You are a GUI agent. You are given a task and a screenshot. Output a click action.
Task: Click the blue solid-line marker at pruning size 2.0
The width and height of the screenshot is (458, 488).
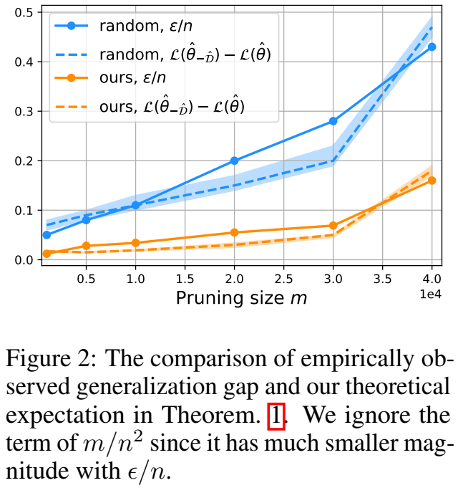click(x=234, y=161)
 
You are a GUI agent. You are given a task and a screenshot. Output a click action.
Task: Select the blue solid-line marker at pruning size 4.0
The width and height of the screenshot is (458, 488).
click(x=432, y=47)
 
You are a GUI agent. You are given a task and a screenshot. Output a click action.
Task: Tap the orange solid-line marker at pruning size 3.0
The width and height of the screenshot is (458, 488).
click(x=333, y=226)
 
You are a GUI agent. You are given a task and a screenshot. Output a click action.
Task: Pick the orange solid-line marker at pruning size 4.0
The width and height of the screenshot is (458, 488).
click(x=432, y=181)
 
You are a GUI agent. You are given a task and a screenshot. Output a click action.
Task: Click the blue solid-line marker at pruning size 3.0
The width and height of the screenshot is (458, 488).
click(x=333, y=121)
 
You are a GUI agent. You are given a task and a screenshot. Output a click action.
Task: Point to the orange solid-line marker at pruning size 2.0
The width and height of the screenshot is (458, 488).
click(x=234, y=232)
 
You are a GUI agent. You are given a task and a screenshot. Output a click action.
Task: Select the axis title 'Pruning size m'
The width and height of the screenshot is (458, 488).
click(x=241, y=298)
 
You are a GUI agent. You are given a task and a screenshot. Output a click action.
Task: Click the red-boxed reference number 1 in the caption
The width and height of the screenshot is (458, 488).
click(x=276, y=416)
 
